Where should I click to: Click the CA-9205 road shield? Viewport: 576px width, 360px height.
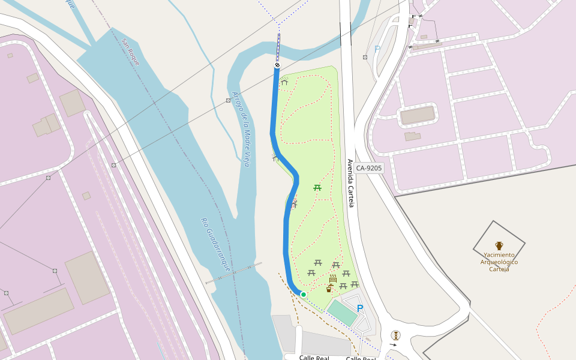[368, 168]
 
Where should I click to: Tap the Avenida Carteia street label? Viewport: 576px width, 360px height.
[351, 183]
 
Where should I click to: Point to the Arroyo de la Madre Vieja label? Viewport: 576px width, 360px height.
[241, 128]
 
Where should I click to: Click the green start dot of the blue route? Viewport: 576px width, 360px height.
[304, 294]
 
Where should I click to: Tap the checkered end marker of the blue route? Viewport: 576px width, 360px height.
[277, 65]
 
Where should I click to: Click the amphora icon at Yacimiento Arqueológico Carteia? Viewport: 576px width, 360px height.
[499, 245]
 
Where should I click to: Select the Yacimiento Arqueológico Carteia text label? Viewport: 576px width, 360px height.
[499, 262]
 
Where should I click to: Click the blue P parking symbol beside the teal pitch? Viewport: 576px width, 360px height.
[360, 308]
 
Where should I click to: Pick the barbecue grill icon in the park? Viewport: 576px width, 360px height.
[333, 279]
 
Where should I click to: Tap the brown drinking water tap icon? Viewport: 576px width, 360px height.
[329, 289]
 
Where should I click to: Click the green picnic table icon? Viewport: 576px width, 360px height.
[317, 188]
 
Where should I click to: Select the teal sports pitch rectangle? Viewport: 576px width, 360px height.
[342, 313]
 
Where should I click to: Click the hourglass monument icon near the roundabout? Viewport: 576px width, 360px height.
[395, 335]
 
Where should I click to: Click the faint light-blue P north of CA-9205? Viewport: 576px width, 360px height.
[377, 49]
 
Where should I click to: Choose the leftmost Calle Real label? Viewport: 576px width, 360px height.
[314, 358]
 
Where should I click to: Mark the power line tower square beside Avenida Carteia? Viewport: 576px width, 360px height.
[365, 57]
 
